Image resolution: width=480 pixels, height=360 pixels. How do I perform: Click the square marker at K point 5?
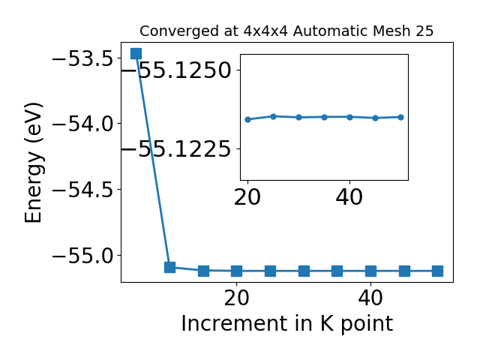pos(136,53)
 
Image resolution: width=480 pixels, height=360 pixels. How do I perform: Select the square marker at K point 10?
pos(170,267)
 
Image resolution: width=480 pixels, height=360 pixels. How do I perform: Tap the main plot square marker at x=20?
pos(237,271)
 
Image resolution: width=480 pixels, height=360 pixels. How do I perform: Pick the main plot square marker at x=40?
pos(370,271)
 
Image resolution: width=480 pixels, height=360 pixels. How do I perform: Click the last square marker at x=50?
pos(437,271)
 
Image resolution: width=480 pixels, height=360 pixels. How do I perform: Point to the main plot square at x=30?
pos(304,271)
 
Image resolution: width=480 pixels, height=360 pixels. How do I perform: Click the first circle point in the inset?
pos(248,119)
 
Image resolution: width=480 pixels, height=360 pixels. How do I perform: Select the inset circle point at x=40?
pos(350,117)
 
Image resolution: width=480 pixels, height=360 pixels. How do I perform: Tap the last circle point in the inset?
pos(401,117)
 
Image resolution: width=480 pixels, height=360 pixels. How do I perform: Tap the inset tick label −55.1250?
pos(177,70)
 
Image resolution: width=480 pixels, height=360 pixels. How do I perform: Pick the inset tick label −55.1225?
pos(177,148)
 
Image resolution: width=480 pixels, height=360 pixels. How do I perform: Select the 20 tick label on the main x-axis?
pos(237,298)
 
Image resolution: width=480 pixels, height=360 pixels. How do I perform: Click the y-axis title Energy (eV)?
pos(33,163)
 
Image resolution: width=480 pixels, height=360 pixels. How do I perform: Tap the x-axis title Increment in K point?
pos(287,323)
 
